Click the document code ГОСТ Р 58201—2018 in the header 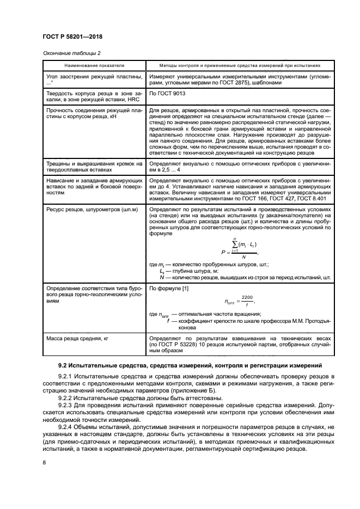pos(72,36)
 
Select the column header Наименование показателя pos(93,64)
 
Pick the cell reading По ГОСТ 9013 pos(167,94)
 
